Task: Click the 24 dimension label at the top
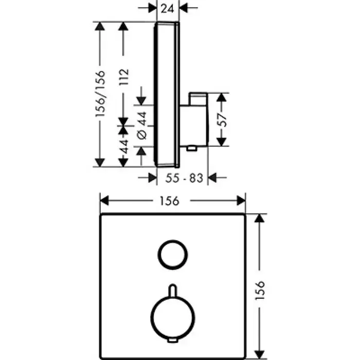167,9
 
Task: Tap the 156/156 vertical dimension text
101,94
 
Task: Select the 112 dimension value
124,77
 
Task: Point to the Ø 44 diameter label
142,125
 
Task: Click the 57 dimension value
222,120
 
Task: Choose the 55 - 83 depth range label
184,178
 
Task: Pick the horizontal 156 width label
169,201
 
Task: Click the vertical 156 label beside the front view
260,290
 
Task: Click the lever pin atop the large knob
173,290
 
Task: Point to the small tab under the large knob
173,340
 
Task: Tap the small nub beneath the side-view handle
192,149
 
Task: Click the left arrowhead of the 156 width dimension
104,201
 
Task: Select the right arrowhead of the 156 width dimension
241,201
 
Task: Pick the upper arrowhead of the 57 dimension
222,97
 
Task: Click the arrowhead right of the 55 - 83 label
212,178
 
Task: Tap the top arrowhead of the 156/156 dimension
100,26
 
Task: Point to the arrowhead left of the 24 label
152,8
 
